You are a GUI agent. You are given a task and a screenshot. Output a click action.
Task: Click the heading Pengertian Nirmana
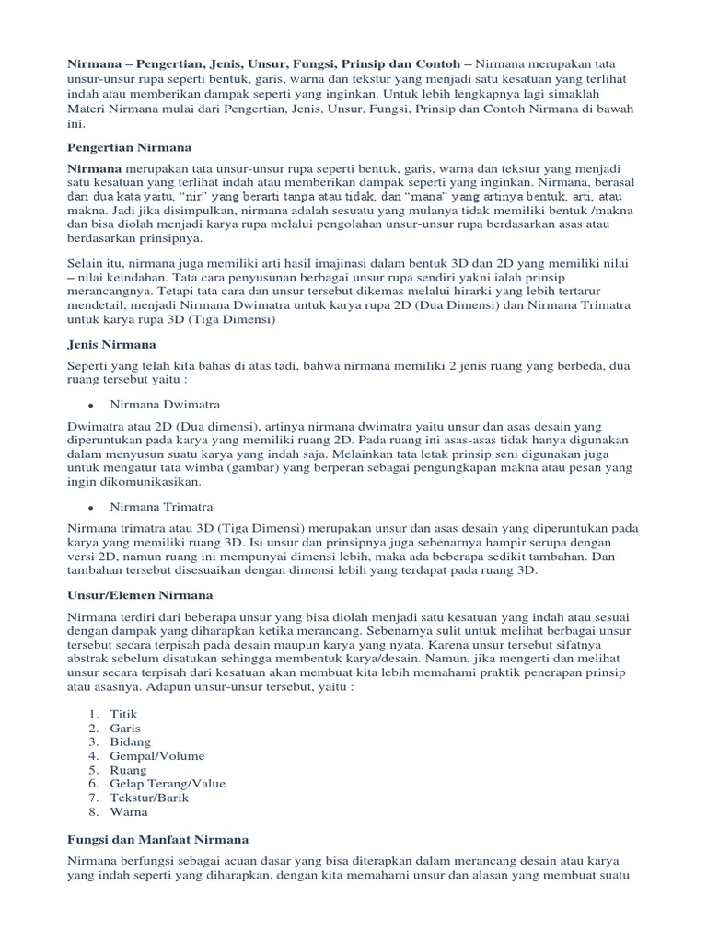(131, 147)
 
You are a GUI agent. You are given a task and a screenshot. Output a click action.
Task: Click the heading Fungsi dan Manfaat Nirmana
(158, 840)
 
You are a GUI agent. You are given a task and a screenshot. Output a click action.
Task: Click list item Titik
(123, 714)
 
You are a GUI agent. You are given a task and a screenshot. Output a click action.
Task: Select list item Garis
(125, 728)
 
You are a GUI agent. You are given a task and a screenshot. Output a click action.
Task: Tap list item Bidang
(131, 741)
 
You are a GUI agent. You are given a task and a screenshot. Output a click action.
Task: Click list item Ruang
(127, 770)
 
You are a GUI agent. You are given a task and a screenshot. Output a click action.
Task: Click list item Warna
(129, 812)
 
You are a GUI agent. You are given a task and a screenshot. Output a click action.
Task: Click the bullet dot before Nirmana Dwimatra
(90, 405)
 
